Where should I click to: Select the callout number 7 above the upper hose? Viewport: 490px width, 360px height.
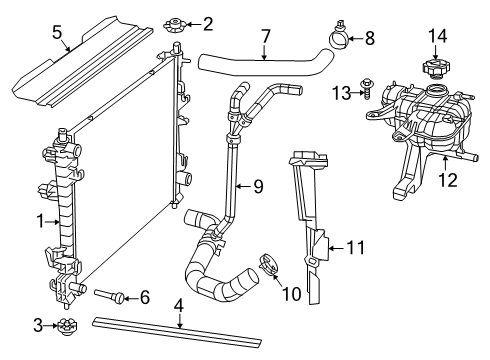pos(265,36)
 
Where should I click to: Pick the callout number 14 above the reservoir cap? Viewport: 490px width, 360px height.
pos(435,37)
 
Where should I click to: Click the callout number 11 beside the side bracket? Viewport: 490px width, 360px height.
pos(352,244)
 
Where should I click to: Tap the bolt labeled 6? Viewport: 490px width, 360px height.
pos(111,295)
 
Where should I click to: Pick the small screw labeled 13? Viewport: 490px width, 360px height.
pos(365,92)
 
